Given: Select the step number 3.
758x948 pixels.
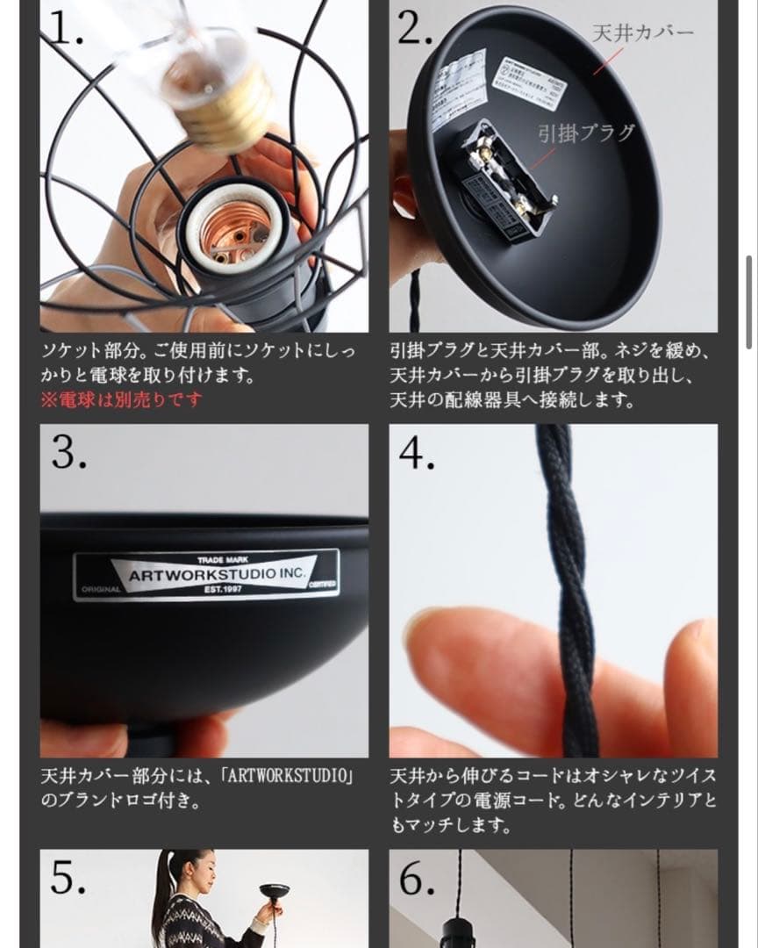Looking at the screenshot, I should [x=68, y=452].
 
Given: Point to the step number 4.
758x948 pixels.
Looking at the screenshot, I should [x=418, y=452].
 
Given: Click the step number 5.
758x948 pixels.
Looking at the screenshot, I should [x=68, y=877].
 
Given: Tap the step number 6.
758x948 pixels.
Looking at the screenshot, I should [x=418, y=877].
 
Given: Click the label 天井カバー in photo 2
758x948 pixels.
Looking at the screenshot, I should [x=643, y=33].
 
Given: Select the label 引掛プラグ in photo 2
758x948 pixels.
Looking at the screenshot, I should [x=586, y=133].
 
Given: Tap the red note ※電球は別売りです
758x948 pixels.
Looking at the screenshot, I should [x=121, y=399].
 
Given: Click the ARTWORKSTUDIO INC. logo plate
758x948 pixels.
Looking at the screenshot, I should [x=206, y=574].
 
